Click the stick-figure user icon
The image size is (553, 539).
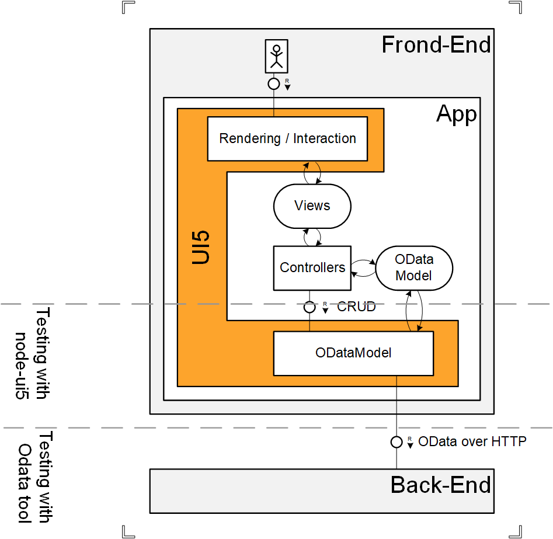pyautogui.click(x=276, y=57)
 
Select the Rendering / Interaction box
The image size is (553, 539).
pyautogui.click(x=287, y=138)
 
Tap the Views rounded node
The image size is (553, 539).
pyautogui.click(x=312, y=206)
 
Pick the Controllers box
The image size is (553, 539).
pyautogui.click(x=312, y=267)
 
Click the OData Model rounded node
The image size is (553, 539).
pyautogui.click(x=413, y=267)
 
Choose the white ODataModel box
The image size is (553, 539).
pyautogui.click(x=353, y=353)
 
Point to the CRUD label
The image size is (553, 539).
pyautogui.click(x=356, y=307)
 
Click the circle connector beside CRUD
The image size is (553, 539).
pyautogui.click(x=309, y=307)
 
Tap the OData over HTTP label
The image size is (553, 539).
pyautogui.click(x=472, y=441)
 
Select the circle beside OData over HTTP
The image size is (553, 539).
pyautogui.click(x=397, y=442)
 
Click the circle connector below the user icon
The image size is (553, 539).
pyautogui.click(x=274, y=84)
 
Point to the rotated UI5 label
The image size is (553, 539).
pyautogui.click(x=201, y=248)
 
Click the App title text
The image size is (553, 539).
pyautogui.click(x=456, y=114)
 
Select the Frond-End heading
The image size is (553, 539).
pyautogui.click(x=436, y=45)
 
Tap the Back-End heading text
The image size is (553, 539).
pyautogui.click(x=441, y=485)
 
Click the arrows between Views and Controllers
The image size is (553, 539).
pyautogui.click(x=312, y=237)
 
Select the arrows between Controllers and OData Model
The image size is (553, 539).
pyautogui.click(x=363, y=267)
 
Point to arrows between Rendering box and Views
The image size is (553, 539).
pyautogui.click(x=312, y=172)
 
